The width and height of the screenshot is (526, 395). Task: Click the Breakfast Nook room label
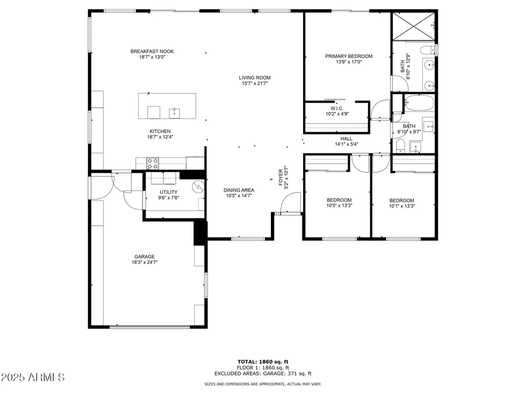(x=152, y=52)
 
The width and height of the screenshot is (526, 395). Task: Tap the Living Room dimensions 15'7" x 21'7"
(x=255, y=83)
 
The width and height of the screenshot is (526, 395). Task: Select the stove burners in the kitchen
(x=153, y=164)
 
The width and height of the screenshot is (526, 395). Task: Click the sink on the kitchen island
(x=175, y=113)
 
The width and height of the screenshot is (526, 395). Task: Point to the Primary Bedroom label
(x=349, y=56)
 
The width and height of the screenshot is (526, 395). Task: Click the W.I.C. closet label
(x=337, y=108)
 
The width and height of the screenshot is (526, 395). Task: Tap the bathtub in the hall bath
(x=419, y=103)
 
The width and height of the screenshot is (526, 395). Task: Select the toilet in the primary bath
(x=427, y=51)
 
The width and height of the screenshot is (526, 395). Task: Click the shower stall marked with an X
(x=413, y=26)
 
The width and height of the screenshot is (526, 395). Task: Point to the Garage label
(x=145, y=256)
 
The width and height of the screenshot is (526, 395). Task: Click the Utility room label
(x=168, y=192)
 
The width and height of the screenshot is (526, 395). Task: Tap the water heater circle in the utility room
(x=198, y=186)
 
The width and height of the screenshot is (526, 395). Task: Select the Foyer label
(x=281, y=177)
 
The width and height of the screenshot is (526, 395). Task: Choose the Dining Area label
(x=239, y=190)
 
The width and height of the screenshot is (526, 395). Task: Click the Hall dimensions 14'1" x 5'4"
(x=347, y=144)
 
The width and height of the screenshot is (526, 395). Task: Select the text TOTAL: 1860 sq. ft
(x=263, y=362)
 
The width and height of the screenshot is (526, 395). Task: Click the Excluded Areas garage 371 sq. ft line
(x=263, y=373)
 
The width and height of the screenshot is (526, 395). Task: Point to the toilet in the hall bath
(x=400, y=146)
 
